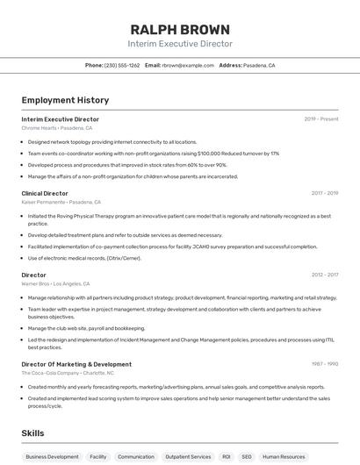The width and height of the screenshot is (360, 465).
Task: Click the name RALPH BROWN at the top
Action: (x=180, y=30)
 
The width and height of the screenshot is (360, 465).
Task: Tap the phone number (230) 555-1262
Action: (x=122, y=65)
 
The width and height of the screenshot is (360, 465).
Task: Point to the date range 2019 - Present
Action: (x=321, y=118)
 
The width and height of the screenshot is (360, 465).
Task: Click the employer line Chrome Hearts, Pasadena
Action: (x=57, y=128)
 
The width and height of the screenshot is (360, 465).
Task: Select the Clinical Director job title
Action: (x=45, y=193)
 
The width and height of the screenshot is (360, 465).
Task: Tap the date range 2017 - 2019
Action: (x=325, y=193)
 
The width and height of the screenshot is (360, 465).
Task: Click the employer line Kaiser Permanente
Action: (x=61, y=202)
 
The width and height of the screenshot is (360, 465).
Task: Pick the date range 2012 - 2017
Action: (x=325, y=275)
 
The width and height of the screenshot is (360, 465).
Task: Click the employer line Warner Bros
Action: (x=55, y=283)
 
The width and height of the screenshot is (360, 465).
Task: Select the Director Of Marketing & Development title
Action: (x=76, y=364)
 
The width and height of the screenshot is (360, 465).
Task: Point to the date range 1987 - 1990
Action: (x=325, y=364)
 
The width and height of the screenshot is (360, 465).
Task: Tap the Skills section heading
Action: (x=32, y=433)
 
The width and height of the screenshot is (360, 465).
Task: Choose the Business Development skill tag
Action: (x=52, y=456)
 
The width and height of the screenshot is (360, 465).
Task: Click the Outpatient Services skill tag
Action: (x=189, y=456)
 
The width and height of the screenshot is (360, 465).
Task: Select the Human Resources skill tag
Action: (x=284, y=456)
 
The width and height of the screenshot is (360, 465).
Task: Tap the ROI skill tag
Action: (x=226, y=456)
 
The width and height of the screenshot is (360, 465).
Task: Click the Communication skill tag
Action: (x=135, y=456)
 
